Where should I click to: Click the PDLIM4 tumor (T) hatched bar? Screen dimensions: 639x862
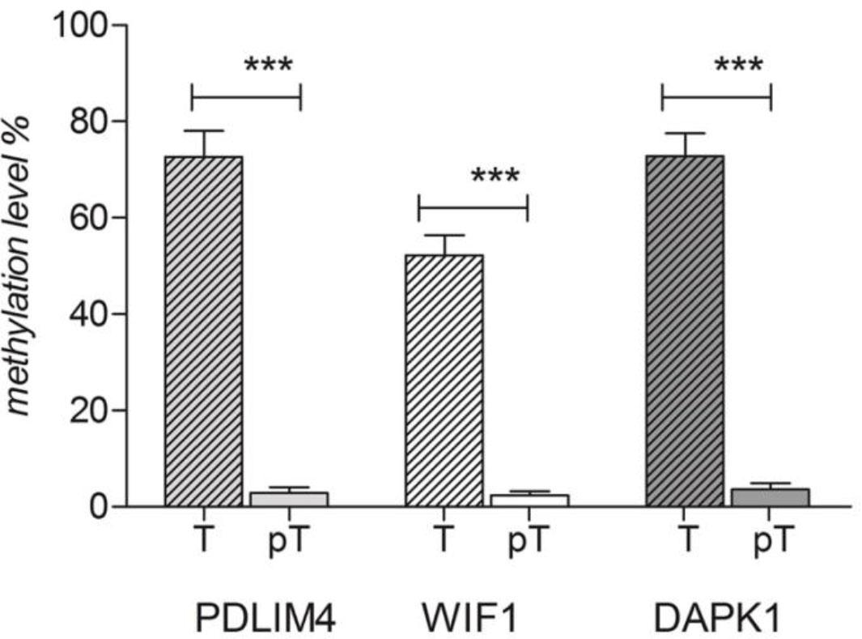[x=203, y=331]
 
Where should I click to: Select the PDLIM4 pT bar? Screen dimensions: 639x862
[x=288, y=499]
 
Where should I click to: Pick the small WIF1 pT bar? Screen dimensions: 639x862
[x=529, y=500]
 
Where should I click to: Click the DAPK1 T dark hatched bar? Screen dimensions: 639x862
[x=685, y=331]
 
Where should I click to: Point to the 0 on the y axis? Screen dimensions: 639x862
[x=98, y=507]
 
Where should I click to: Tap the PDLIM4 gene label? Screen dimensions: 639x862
[x=265, y=619]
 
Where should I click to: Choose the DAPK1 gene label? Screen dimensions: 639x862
[x=717, y=619]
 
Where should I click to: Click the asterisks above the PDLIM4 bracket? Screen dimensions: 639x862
[x=268, y=65]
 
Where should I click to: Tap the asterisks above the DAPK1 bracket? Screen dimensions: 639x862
[x=738, y=65]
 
